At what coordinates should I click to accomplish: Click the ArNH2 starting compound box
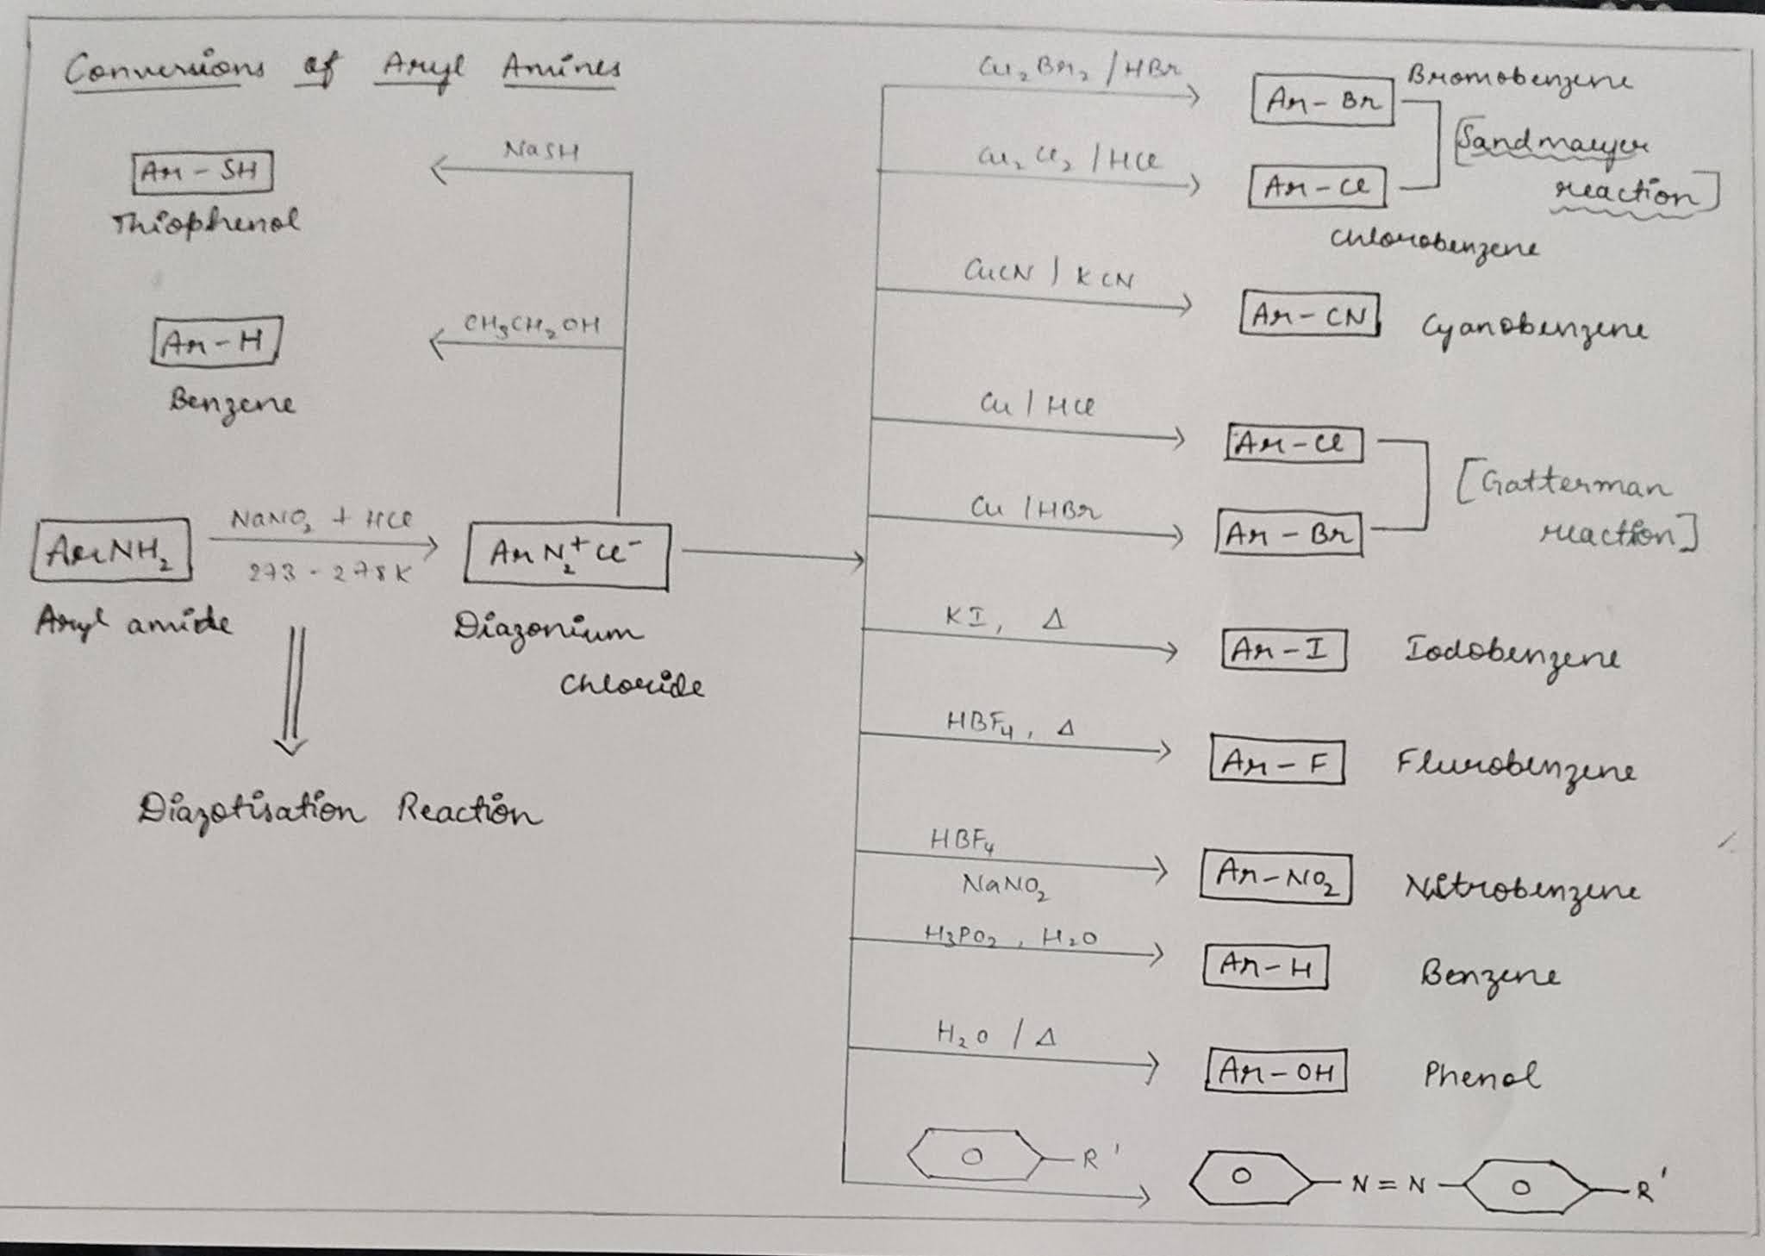click(111, 549)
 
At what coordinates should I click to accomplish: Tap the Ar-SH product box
click(202, 172)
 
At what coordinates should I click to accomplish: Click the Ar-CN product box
click(1309, 315)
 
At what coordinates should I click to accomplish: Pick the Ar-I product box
click(1282, 650)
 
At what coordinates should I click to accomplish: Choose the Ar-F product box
click(1276, 759)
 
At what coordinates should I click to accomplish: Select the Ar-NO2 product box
click(1275, 878)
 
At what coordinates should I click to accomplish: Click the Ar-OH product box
click(1275, 1072)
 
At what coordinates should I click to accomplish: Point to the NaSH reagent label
click(541, 150)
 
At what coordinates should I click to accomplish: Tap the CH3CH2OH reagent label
click(531, 325)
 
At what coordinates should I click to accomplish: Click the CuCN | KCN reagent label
click(1048, 274)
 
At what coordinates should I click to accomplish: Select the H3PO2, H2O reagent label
click(1010, 936)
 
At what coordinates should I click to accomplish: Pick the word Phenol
click(1480, 1074)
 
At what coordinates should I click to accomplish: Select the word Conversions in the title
click(165, 69)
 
